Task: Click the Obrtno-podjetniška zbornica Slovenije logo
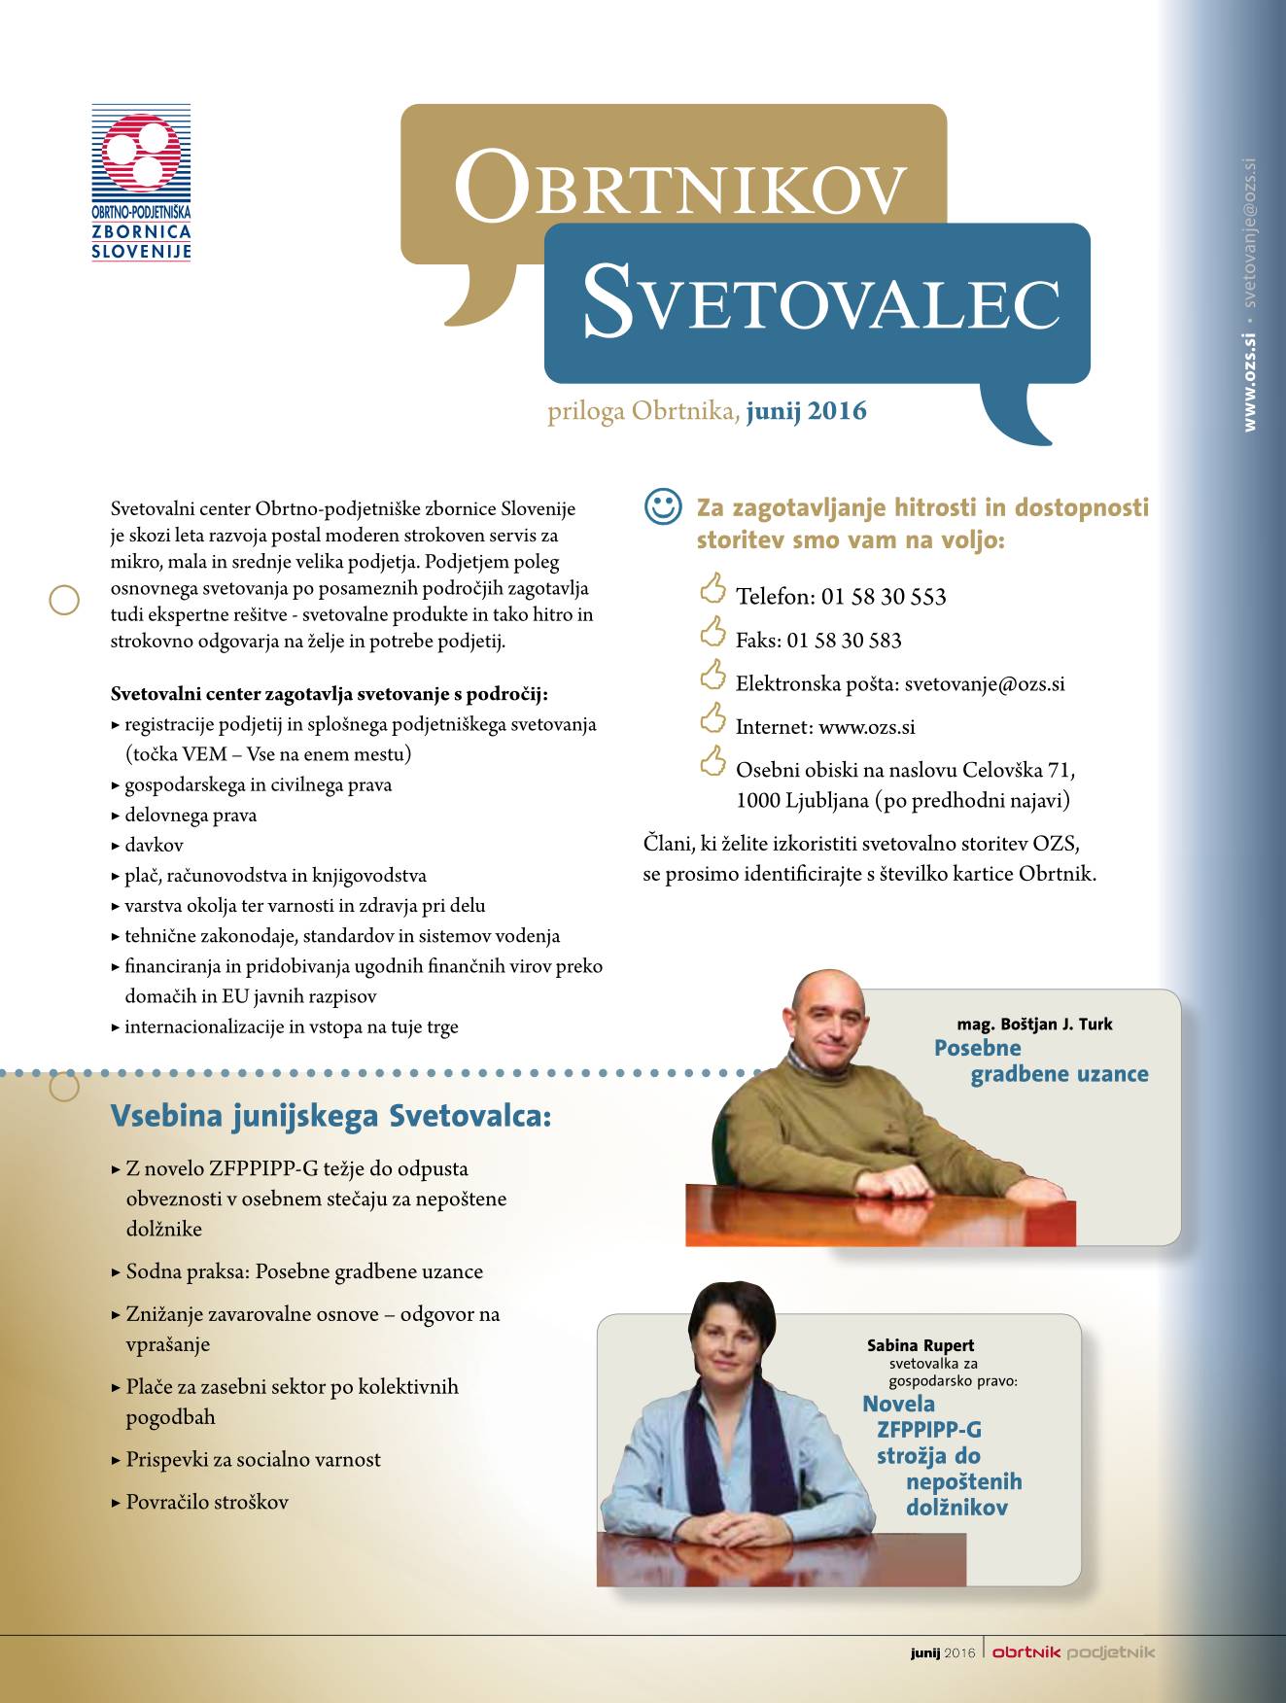click(x=141, y=183)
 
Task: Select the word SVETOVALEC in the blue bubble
click(x=820, y=303)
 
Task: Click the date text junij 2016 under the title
click(x=806, y=411)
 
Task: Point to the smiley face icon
click(x=663, y=506)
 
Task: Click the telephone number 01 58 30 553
click(x=884, y=597)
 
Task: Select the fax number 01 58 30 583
click(x=844, y=641)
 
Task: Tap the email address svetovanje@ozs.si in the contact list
click(x=984, y=683)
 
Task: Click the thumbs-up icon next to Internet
click(x=713, y=719)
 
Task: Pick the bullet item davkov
click(x=154, y=846)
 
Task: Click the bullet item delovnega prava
click(x=191, y=816)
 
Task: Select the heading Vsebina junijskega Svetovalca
click(x=330, y=1116)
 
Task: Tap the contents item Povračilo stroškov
click(x=207, y=1502)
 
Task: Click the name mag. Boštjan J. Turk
click(x=1034, y=1025)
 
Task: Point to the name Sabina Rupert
click(x=920, y=1345)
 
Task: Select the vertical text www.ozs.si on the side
click(x=1249, y=383)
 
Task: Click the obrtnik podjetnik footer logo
click(x=1073, y=1652)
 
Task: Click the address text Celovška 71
click(x=1018, y=771)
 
